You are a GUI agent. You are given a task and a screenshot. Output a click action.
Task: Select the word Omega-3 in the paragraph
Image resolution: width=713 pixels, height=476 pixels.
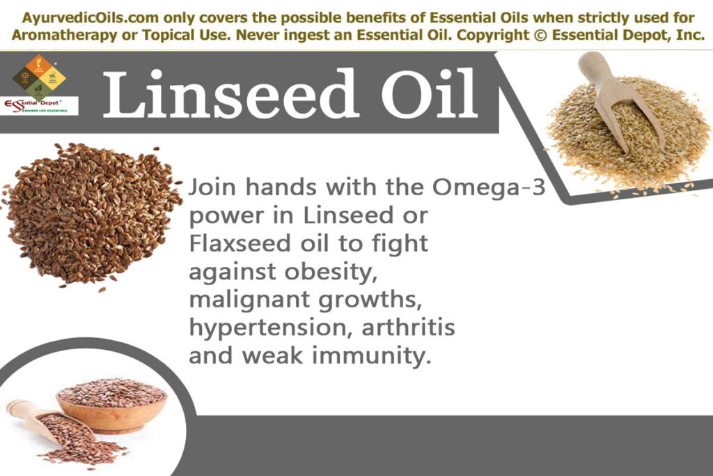click(487, 188)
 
